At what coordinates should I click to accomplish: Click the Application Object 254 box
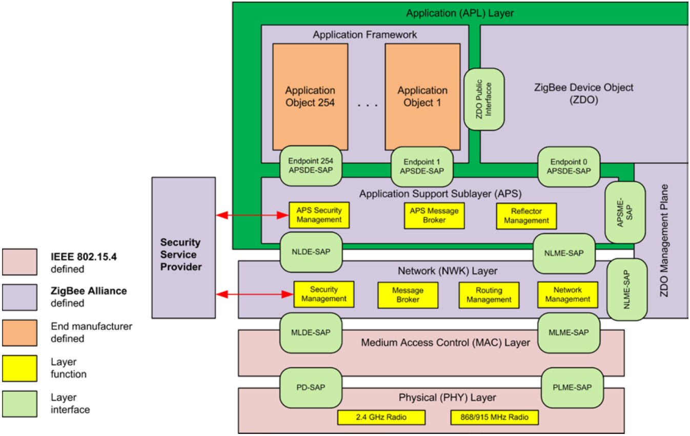tap(310, 96)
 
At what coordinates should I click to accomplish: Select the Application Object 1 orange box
tap(422, 96)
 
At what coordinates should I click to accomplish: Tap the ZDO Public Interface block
tap(484, 99)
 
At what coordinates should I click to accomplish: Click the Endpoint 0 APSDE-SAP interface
tap(569, 167)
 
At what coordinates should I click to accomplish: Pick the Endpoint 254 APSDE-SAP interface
tap(311, 167)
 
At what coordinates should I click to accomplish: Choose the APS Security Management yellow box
tap(319, 215)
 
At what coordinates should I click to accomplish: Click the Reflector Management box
tap(526, 216)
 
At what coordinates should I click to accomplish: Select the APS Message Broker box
tap(434, 215)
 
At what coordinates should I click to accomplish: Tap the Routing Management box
tap(489, 295)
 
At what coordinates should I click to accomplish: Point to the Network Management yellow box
tap(567, 295)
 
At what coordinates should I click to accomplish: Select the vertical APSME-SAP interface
tap(625, 212)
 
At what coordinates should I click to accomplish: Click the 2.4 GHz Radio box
tap(381, 417)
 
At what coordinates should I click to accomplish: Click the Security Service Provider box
tap(184, 248)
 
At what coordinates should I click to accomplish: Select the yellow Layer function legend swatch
tap(19, 368)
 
